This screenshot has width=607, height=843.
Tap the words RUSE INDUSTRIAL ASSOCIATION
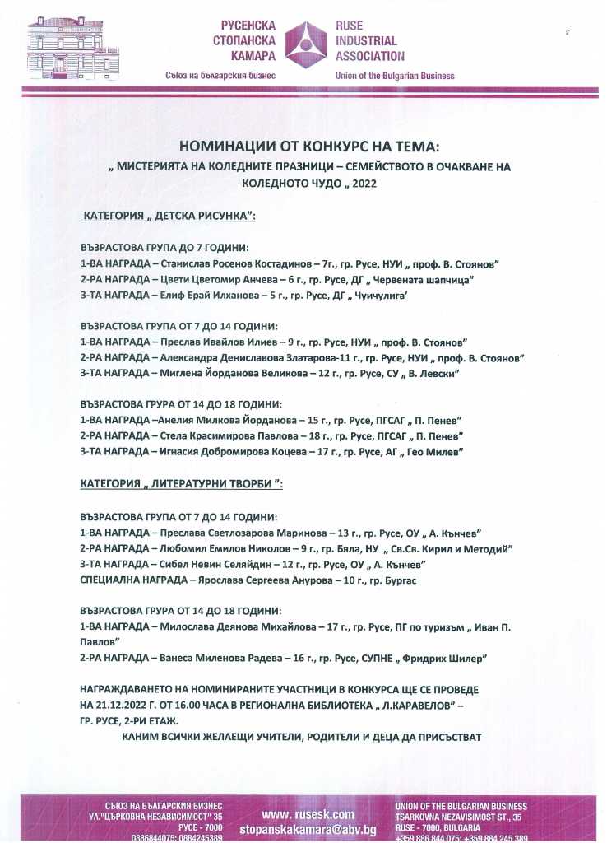coord(370,41)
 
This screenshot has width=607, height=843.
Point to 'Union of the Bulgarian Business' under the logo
coord(395,76)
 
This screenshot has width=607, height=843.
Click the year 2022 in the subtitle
coord(362,184)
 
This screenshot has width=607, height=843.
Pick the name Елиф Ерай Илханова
coord(205,296)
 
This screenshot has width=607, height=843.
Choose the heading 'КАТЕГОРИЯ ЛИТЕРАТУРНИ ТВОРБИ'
coord(181,484)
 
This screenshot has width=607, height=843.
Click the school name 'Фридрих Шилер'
coord(443,658)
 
